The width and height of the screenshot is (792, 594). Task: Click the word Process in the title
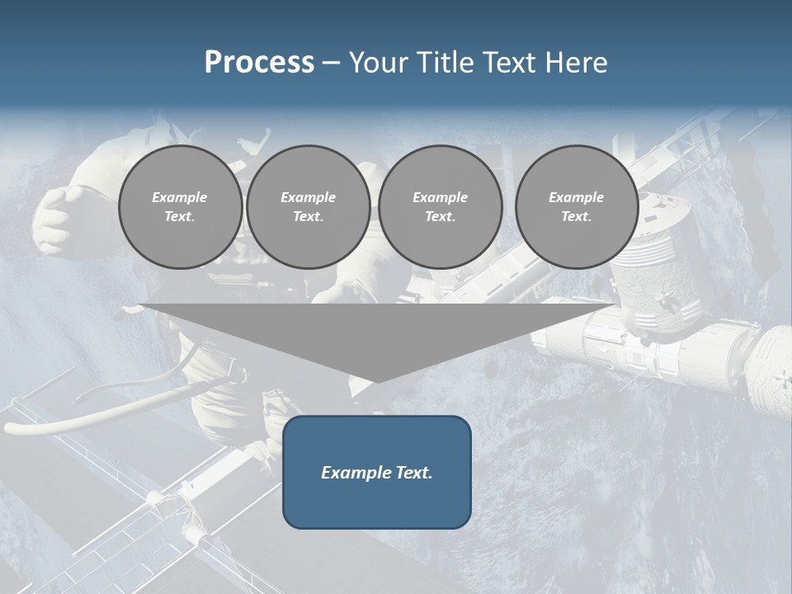coord(259,63)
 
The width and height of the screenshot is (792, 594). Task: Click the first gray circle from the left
coord(181,207)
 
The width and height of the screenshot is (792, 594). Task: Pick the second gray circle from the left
coord(309,207)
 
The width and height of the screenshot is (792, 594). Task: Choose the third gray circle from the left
coord(441,207)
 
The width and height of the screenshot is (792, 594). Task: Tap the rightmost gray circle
coord(577,207)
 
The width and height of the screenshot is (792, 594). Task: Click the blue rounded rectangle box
coord(377,472)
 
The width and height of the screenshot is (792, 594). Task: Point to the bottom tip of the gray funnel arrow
coord(377,380)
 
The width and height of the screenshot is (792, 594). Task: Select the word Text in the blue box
coord(414,473)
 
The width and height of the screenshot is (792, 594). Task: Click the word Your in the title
coord(379,63)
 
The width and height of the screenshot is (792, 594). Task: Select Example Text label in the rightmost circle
coord(577,207)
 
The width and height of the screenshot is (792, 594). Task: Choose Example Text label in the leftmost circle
coord(181,207)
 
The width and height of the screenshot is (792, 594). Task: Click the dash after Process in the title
coord(332,63)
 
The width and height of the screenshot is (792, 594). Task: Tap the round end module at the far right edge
coord(774,367)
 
